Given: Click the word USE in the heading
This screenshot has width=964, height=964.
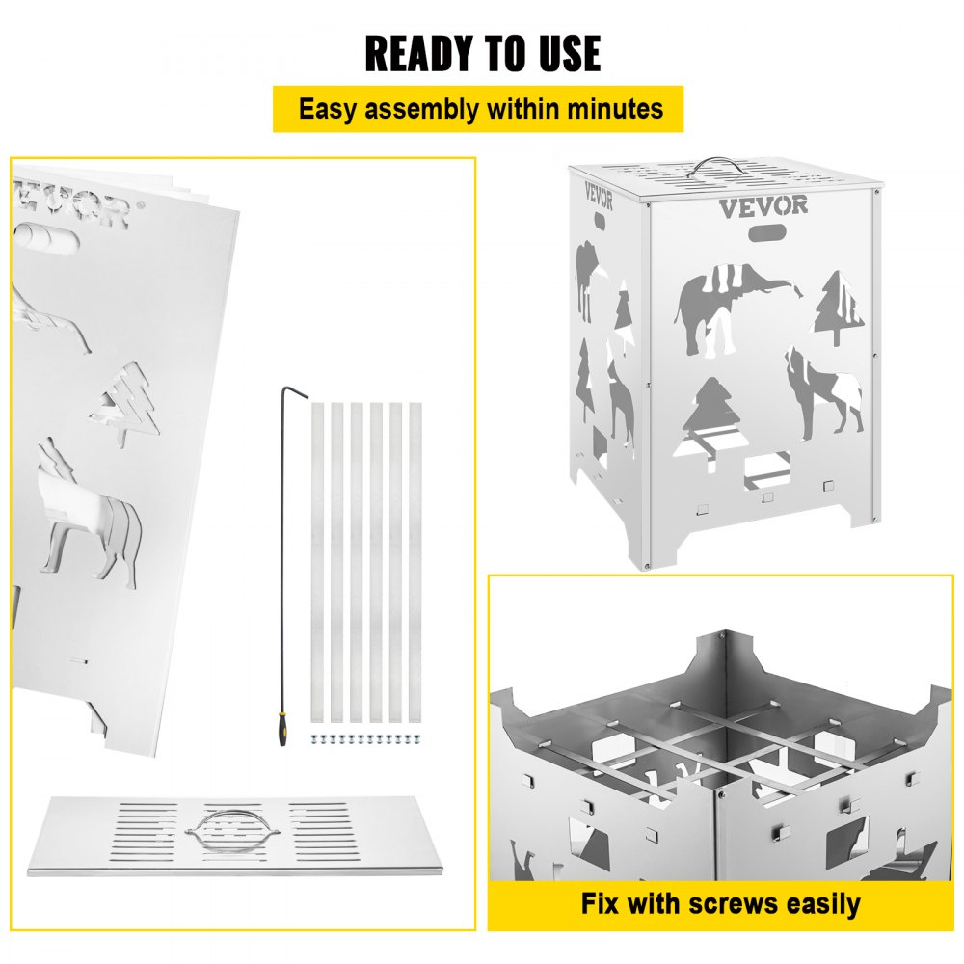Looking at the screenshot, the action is [x=570, y=54].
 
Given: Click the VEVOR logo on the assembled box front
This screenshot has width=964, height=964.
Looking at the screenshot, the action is [x=763, y=206].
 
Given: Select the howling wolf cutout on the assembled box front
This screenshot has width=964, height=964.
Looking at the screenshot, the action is [x=823, y=393].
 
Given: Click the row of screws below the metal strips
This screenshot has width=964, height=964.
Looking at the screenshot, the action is [x=366, y=738].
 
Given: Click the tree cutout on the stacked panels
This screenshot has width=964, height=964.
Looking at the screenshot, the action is [x=126, y=403].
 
